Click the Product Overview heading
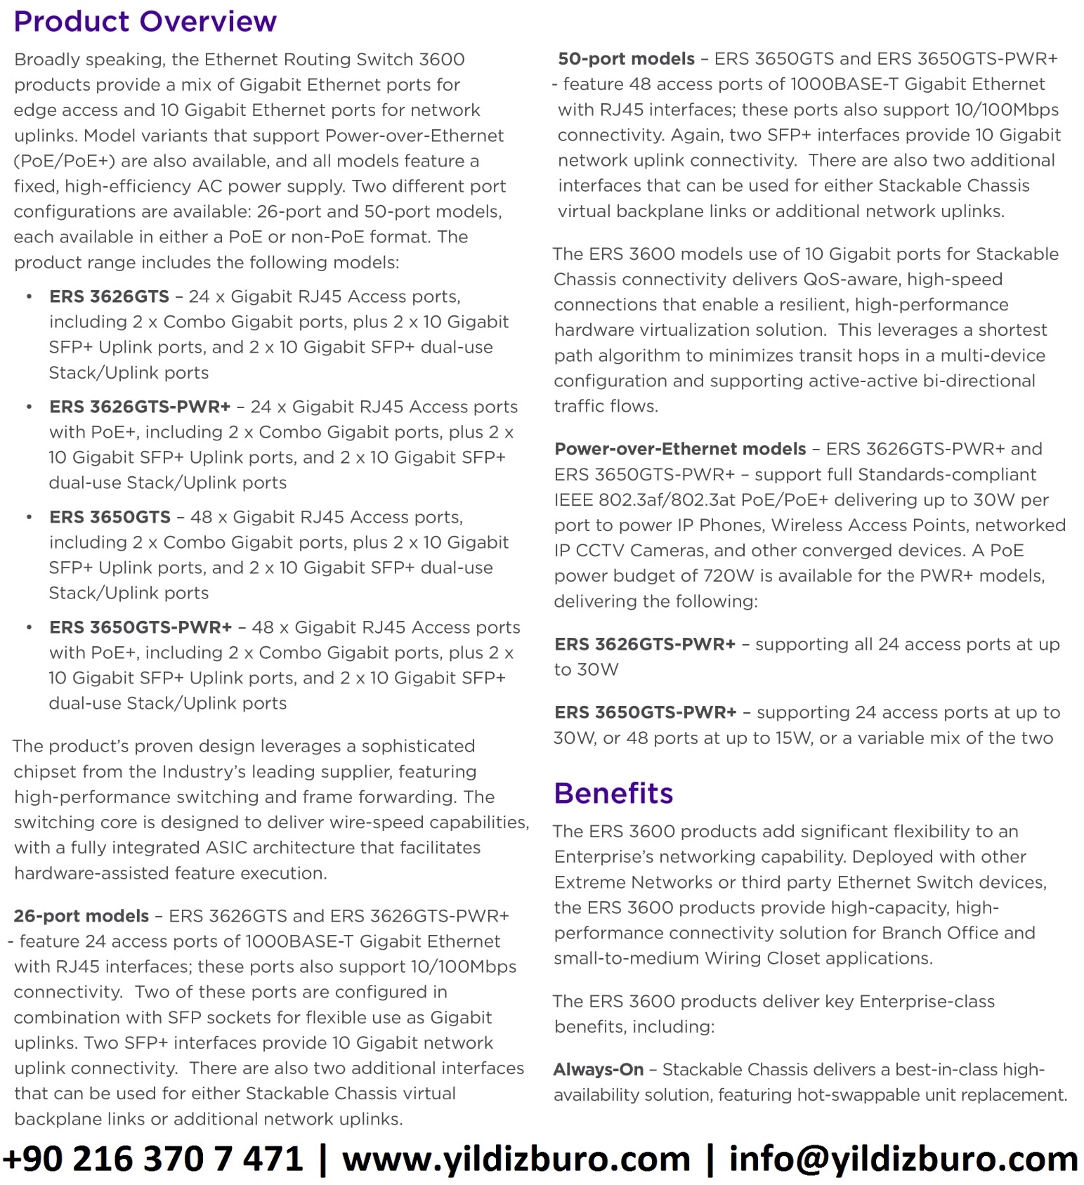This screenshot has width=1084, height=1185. (x=145, y=22)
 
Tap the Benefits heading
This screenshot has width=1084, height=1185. (x=613, y=793)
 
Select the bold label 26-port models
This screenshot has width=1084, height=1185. (x=81, y=916)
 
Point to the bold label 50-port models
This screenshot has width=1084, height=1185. (x=626, y=59)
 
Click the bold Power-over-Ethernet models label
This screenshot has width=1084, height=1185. (x=680, y=449)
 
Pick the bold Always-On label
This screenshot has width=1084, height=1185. (x=598, y=1069)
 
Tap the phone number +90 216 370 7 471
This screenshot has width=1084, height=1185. (x=153, y=1158)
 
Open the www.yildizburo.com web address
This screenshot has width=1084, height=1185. (x=516, y=1158)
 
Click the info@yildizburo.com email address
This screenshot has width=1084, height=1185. (x=903, y=1158)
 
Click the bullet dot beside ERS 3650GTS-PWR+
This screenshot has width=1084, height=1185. (x=29, y=627)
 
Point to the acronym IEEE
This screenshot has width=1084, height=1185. (x=573, y=500)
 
